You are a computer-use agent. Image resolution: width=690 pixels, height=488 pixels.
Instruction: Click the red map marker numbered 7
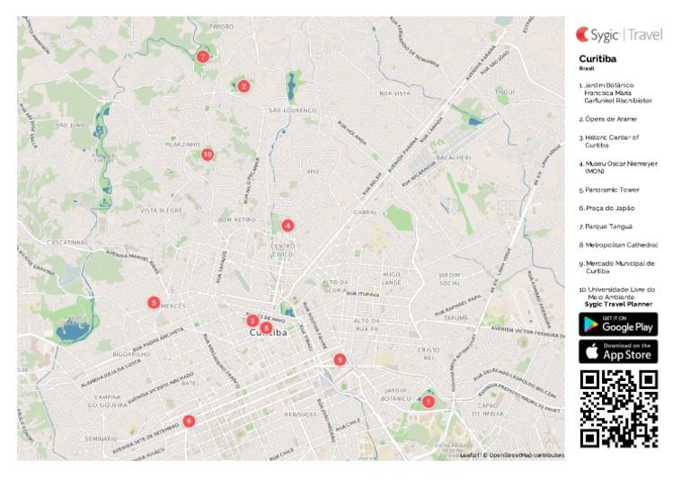[203, 57]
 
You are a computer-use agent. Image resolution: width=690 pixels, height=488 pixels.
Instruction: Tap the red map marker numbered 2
[243, 86]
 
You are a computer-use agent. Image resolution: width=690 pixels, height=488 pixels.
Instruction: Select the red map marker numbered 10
[208, 155]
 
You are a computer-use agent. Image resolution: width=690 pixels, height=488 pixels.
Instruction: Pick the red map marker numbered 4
[287, 226]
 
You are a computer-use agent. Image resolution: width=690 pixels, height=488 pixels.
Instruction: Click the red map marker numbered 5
[155, 303]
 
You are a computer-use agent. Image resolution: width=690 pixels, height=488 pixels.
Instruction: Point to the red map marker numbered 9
[340, 359]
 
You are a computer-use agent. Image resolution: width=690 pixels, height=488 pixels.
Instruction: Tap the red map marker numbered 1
[429, 402]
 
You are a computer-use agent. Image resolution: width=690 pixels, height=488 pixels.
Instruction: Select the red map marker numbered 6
[189, 421]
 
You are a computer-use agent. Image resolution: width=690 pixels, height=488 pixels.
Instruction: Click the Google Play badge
[618, 324]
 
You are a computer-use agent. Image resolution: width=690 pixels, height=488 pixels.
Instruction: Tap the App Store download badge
[618, 351]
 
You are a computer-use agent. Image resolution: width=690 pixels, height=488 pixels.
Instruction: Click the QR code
[618, 408]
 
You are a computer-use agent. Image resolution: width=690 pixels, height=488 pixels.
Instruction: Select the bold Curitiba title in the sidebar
[597, 58]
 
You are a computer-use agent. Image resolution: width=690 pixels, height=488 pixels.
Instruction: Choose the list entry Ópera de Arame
[610, 119]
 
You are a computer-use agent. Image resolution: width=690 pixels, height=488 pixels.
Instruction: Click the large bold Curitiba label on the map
[268, 333]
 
